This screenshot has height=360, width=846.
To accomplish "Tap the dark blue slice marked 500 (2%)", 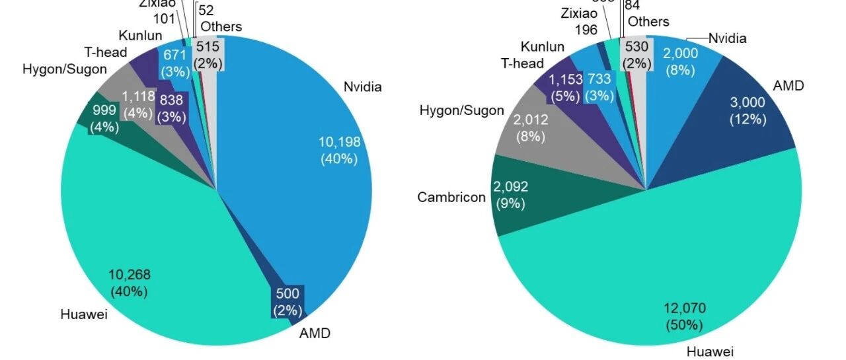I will pyautogui.click(x=288, y=301).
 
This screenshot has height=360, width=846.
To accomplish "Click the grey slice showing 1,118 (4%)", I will pyautogui.click(x=137, y=104).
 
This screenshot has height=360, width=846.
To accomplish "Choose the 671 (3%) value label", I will pyautogui.click(x=174, y=63).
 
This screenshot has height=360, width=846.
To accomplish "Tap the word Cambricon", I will pyautogui.click(x=451, y=197).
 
